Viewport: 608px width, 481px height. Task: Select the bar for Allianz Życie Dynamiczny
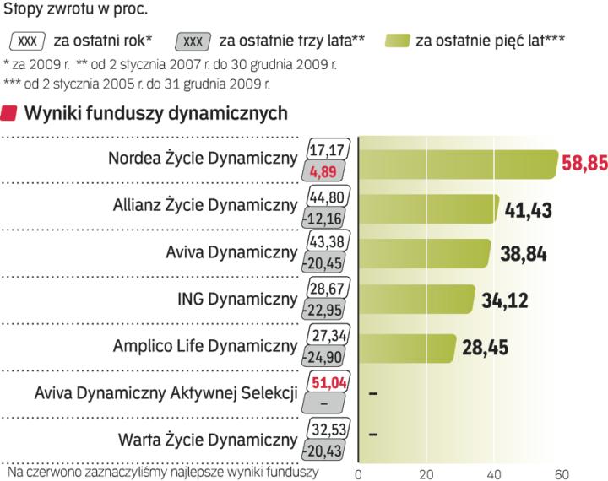pos(429,209)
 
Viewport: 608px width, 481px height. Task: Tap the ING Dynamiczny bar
pos(417,300)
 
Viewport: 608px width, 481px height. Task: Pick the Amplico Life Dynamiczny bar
pos(408,346)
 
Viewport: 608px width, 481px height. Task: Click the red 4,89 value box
pos(324,173)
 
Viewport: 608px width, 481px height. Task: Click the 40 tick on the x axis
pos(495,473)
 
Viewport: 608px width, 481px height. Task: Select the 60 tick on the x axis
pos(562,473)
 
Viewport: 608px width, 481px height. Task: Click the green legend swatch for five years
pos(396,40)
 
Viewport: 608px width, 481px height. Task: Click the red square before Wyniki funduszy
pos(11,113)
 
